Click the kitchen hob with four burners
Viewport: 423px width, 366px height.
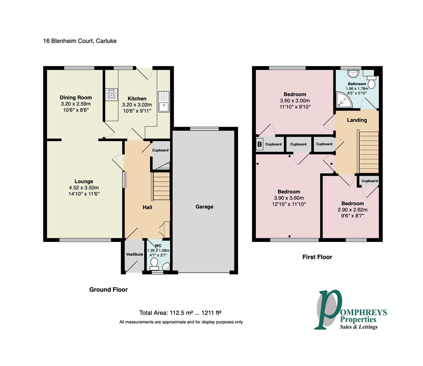coord(111,95)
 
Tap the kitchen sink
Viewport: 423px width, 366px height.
coord(164,102)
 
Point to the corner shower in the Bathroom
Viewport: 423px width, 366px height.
coord(344,100)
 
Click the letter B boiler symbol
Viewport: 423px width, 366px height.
coord(259,144)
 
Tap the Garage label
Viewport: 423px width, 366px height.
coord(204,207)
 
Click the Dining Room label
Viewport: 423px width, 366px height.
coord(76,98)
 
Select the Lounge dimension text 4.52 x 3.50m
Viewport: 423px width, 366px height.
coord(84,188)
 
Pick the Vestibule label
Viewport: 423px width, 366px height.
coord(135,254)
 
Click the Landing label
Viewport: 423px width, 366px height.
coord(357,120)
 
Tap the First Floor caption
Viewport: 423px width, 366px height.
coord(317,257)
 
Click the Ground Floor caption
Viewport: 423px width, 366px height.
coord(108,289)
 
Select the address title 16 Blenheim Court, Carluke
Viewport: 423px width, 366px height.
coord(80,41)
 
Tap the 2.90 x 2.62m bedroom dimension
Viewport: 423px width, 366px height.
coord(352,210)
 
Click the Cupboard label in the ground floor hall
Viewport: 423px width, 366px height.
coord(160,150)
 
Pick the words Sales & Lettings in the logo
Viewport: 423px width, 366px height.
coord(359,327)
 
